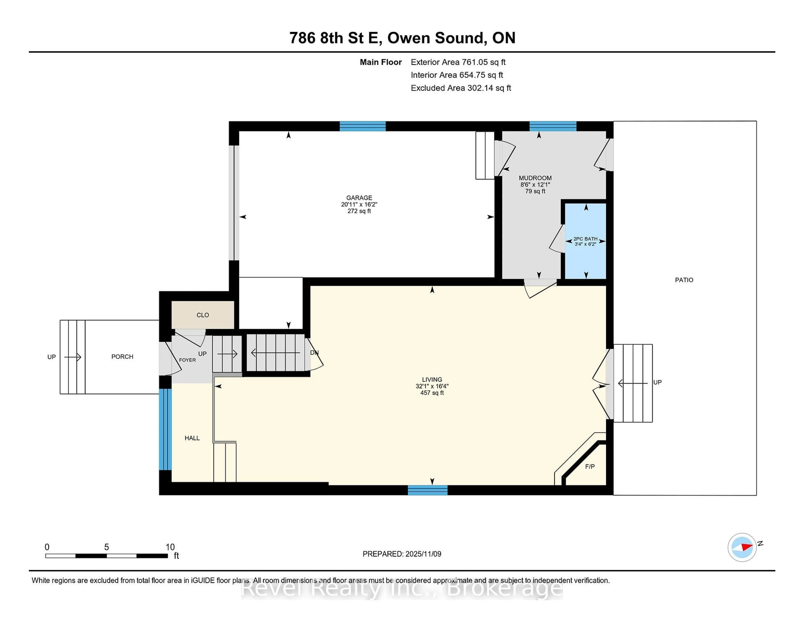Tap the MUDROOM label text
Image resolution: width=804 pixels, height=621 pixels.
[x=535, y=178]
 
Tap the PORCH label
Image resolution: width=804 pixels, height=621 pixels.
[x=122, y=357]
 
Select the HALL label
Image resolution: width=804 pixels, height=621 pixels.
[x=192, y=438]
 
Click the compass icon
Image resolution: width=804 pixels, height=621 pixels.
[x=742, y=547]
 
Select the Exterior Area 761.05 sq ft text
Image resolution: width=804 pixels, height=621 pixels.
[x=458, y=62]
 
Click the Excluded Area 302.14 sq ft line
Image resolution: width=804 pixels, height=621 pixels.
[x=461, y=88]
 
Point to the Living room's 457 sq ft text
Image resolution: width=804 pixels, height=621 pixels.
[x=432, y=393]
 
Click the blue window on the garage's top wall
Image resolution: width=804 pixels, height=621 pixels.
[x=362, y=126]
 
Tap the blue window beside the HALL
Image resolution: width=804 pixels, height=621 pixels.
[x=165, y=429]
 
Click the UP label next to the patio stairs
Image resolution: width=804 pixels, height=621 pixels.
[x=657, y=382]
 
